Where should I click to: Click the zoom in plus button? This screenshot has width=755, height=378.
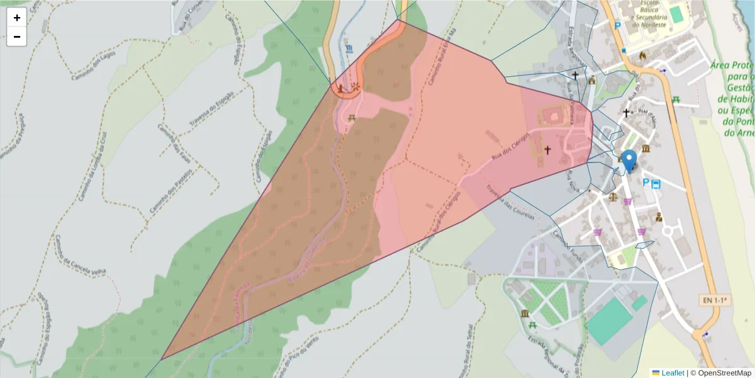[17, 18]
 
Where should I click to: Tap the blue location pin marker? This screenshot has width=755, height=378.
[628, 160]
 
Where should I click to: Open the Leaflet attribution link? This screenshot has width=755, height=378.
[672, 373]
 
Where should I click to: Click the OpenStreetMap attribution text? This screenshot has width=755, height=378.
[720, 373]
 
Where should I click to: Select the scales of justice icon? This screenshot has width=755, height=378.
[612, 197]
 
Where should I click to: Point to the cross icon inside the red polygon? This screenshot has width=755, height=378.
[547, 150]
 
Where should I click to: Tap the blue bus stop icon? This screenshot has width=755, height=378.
[656, 183]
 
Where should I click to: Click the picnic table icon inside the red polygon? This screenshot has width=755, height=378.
[352, 117]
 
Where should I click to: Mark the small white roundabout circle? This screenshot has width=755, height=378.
[667, 231]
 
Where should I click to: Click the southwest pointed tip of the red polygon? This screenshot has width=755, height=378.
[162, 360]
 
